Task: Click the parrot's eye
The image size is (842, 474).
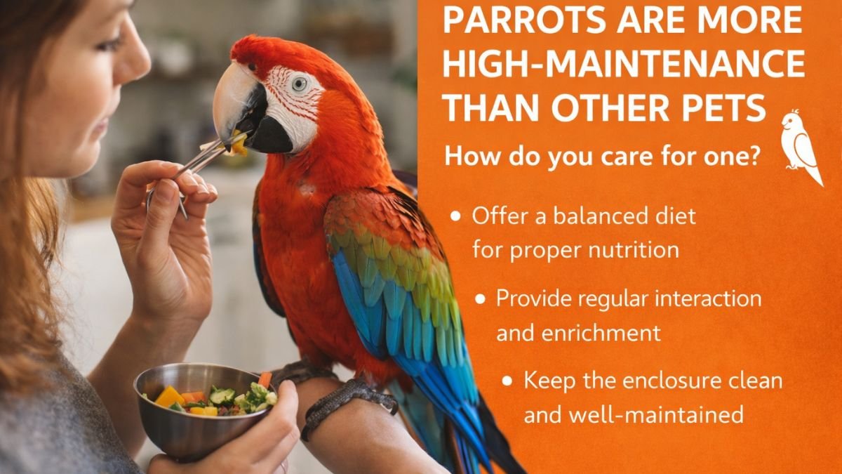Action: pyautogui.click(x=299, y=84)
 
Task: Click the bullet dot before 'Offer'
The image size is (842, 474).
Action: pyautogui.click(x=455, y=216)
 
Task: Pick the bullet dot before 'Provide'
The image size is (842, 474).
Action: pyautogui.click(x=480, y=299)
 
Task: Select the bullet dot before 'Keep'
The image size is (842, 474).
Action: pyautogui.click(x=507, y=381)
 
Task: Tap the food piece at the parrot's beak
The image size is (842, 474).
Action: pyautogui.click(x=239, y=143)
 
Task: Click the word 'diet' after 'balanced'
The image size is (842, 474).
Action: pyautogui.click(x=677, y=216)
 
